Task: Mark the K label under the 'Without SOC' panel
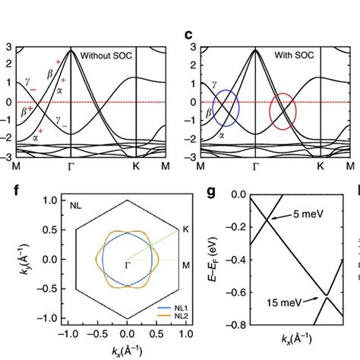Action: tap(135, 165)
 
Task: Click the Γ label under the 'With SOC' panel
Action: tap(255, 165)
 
